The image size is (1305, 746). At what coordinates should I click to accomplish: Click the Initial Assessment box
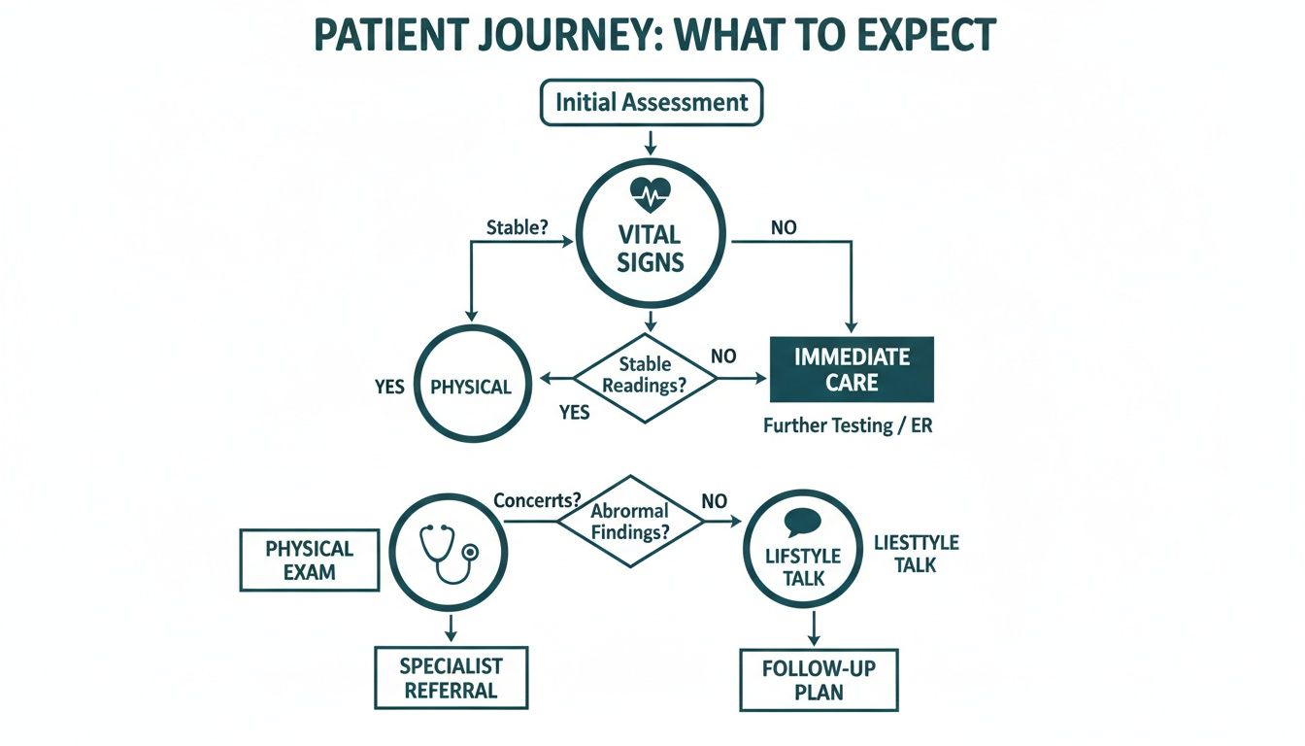(652, 103)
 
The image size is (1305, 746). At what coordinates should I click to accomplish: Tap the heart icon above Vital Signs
(649, 194)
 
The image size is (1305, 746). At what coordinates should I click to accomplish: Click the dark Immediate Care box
(852, 370)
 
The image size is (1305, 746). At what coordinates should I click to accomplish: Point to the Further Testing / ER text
(847, 425)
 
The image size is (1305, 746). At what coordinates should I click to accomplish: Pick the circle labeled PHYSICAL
(470, 387)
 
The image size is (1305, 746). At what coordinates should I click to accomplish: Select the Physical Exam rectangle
(309, 560)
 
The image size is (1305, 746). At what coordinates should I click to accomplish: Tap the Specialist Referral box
(451, 678)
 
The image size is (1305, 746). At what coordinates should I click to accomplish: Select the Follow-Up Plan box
(818, 680)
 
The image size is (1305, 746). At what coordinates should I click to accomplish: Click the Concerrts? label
(537, 501)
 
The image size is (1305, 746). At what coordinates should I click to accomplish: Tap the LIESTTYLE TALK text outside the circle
(916, 554)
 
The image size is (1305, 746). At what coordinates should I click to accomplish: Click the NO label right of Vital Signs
(783, 228)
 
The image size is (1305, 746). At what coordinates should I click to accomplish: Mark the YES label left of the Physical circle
(388, 387)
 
